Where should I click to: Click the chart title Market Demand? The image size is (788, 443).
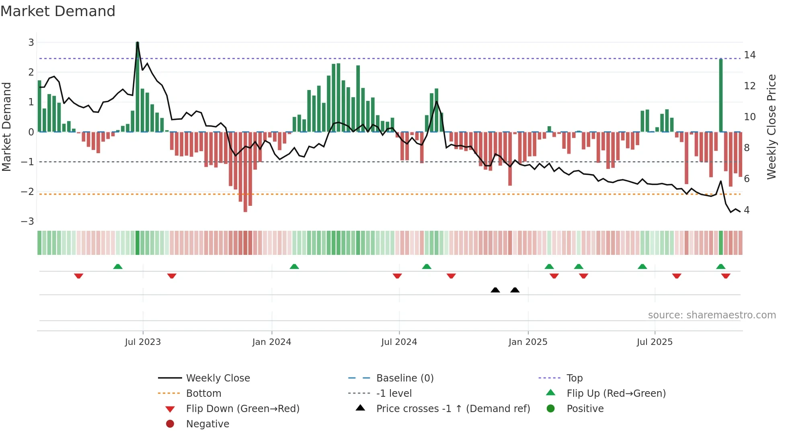(x=58, y=11)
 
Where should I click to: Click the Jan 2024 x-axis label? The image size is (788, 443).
(x=271, y=342)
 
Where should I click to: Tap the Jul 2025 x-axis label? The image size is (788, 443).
(x=655, y=342)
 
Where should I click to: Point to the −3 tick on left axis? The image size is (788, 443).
(x=28, y=221)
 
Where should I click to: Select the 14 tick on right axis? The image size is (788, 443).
(x=749, y=55)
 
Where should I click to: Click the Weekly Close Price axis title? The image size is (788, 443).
(x=771, y=127)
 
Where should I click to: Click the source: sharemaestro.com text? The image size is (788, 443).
(x=712, y=315)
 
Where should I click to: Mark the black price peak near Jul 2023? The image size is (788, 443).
(x=137, y=43)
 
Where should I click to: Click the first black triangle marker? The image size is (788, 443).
(x=495, y=290)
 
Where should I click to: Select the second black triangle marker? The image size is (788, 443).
(x=515, y=290)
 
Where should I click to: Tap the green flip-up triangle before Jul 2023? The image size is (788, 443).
(x=118, y=267)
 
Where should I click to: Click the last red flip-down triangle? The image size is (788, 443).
(x=726, y=276)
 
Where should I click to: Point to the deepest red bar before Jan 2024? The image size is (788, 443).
(x=245, y=193)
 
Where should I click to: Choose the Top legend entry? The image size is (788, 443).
(x=575, y=378)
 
